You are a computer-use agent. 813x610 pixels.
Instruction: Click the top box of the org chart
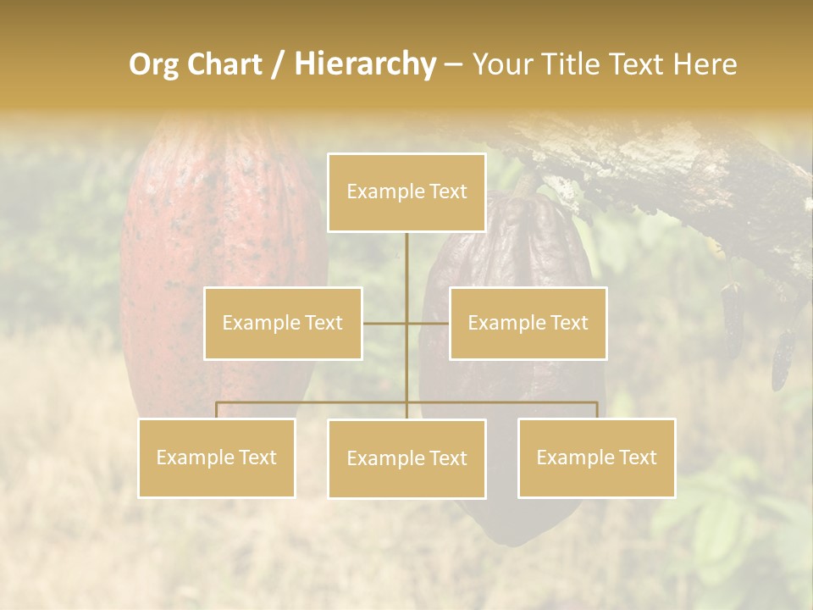click(406, 192)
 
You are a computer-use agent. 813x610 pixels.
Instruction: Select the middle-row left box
click(283, 323)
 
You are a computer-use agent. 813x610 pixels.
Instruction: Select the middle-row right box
click(528, 323)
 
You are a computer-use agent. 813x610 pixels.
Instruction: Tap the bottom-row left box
click(217, 457)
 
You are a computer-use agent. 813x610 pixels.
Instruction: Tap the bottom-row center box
click(406, 458)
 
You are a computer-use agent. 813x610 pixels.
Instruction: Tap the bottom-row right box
click(596, 457)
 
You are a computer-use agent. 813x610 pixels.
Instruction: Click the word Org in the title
click(153, 65)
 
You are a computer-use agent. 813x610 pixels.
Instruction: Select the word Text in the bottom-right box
click(637, 457)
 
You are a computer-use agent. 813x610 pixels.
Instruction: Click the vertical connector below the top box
click(406, 271)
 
